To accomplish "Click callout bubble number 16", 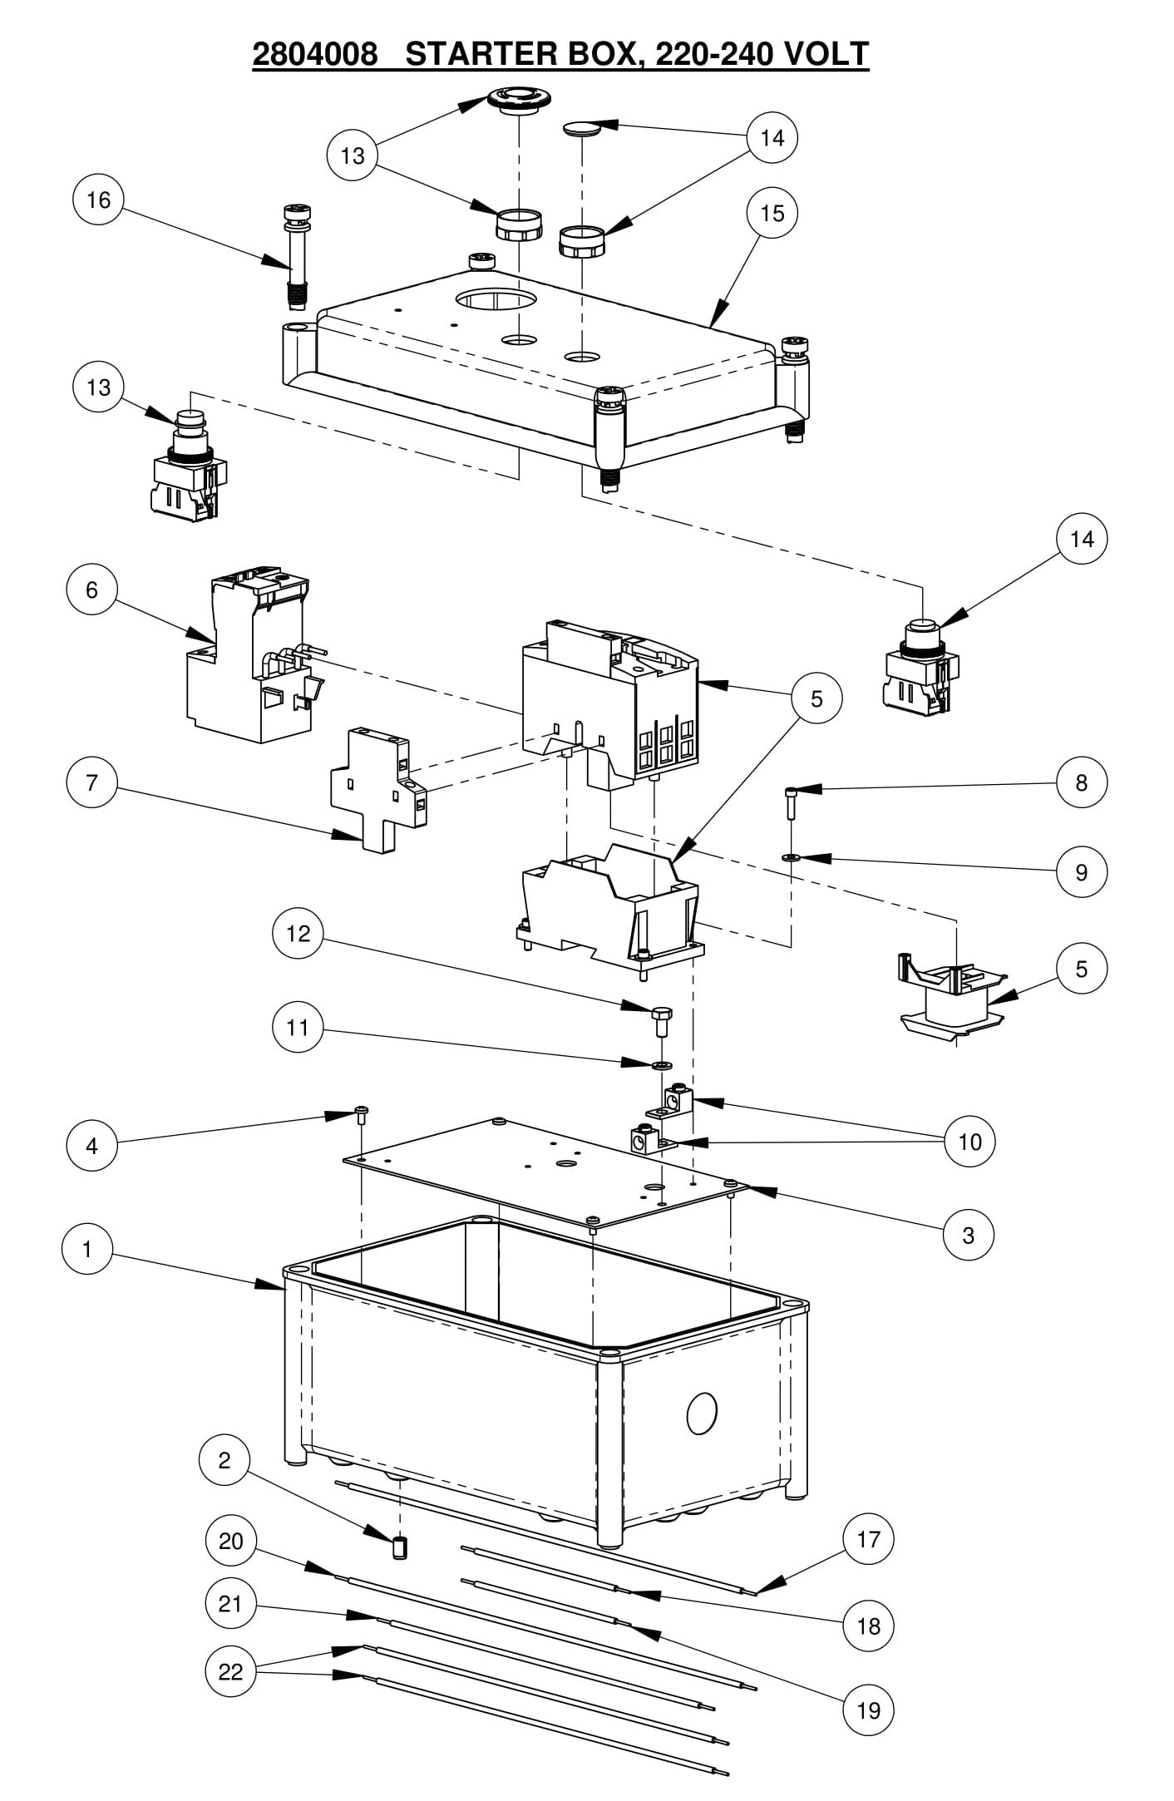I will pyautogui.click(x=99, y=200).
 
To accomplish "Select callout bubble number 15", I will pyautogui.click(x=772, y=214).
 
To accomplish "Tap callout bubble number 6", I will pyautogui.click(x=91, y=590).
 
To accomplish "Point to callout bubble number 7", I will pyautogui.click(x=91, y=782).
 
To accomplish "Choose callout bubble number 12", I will pyautogui.click(x=298, y=934).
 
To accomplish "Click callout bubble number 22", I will pyautogui.click(x=230, y=1671).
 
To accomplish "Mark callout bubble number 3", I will pyautogui.click(x=968, y=1236).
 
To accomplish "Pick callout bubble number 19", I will pyautogui.click(x=868, y=1711).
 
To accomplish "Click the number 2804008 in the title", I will pyautogui.click(x=315, y=54).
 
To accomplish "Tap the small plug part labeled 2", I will pyautogui.click(x=401, y=1548).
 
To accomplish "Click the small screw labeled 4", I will pyautogui.click(x=363, y=1115).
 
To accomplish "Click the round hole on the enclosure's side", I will pyautogui.click(x=702, y=1414).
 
